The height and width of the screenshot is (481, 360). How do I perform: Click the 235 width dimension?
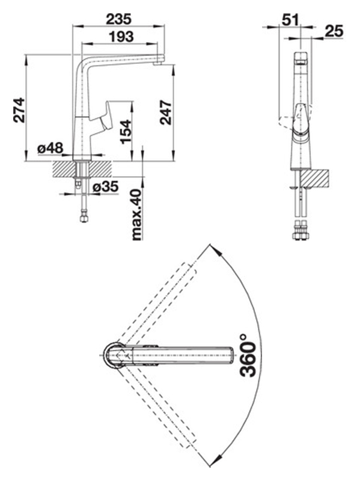[118, 19]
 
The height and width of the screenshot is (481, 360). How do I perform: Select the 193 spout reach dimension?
[121, 37]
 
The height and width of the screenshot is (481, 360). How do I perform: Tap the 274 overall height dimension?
[19, 110]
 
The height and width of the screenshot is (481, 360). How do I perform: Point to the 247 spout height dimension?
[166, 112]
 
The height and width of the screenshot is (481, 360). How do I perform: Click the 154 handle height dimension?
[126, 132]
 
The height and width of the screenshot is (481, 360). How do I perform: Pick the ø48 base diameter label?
[50, 149]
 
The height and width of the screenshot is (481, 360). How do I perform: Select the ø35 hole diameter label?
[105, 186]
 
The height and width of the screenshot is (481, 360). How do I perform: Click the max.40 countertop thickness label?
[137, 215]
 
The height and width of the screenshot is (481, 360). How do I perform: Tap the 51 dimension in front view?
[290, 20]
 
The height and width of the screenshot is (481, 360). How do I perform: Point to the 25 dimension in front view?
[334, 31]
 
